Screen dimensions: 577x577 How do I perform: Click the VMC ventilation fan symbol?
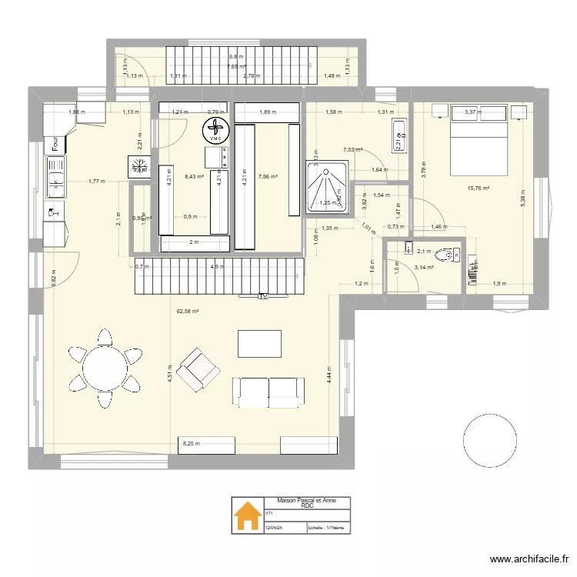point(214,128)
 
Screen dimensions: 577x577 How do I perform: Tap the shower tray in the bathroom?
point(327,185)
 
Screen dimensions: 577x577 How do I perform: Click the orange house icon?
point(248,515)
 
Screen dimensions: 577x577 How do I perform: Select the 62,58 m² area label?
point(188,312)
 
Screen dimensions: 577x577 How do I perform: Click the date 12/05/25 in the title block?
point(275,528)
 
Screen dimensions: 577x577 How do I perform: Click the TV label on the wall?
point(262,295)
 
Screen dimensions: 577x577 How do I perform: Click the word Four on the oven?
point(55,144)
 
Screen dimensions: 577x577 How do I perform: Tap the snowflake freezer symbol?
point(140,166)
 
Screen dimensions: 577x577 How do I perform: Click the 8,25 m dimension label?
point(188,444)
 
